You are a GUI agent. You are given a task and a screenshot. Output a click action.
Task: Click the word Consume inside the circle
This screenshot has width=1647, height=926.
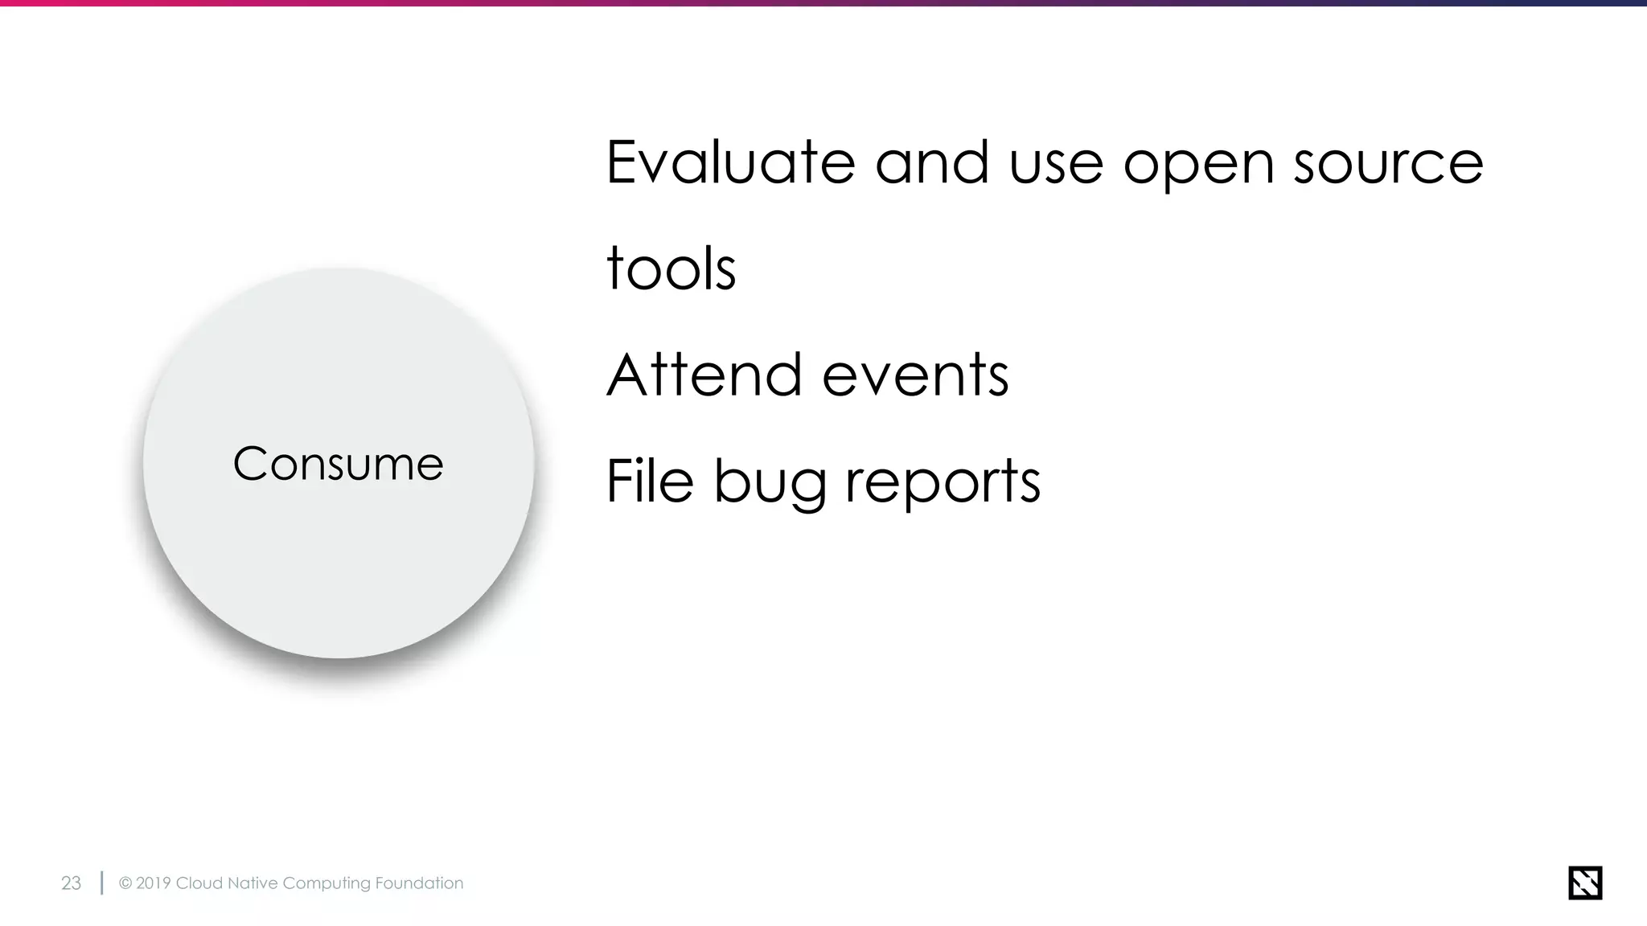point(338,465)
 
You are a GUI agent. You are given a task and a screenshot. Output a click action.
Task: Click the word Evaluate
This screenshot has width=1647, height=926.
point(729,162)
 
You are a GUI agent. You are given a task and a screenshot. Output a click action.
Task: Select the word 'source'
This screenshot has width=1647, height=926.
point(1388,164)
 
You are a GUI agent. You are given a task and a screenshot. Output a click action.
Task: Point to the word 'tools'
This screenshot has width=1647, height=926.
point(671,268)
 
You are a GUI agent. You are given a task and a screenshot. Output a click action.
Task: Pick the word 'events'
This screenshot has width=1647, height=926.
point(915,376)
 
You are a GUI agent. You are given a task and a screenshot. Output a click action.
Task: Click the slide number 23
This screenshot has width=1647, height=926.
point(71,883)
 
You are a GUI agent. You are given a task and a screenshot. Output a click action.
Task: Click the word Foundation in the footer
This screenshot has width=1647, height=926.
point(419,883)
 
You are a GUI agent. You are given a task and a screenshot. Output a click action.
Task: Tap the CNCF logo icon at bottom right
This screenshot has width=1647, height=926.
point(1585,883)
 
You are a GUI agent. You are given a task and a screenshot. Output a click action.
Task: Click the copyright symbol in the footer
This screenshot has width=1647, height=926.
point(125,883)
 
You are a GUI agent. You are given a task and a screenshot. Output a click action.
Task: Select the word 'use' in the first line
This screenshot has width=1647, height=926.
point(1056,164)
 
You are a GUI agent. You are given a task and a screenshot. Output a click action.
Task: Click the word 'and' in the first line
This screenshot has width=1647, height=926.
point(931,162)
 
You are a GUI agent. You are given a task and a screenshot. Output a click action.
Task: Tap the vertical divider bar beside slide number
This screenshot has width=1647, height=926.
point(101,883)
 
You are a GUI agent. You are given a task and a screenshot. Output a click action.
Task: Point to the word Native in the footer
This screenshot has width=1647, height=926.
point(253,883)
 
